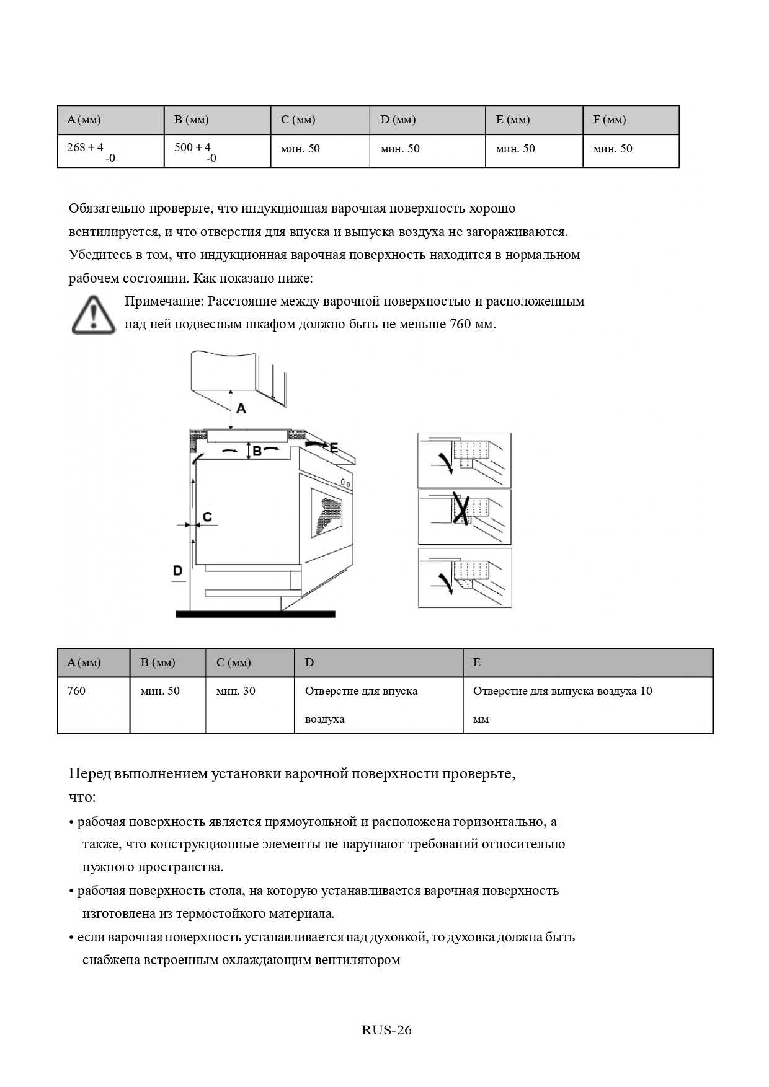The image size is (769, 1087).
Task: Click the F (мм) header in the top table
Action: coord(609,120)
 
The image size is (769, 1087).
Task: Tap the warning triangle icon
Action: coord(93,315)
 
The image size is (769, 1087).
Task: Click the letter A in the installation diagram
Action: coord(241,408)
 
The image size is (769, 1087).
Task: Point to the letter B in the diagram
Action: coord(257,452)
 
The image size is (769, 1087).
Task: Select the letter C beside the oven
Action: coord(207,517)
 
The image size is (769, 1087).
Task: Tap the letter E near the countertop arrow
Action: coord(334,447)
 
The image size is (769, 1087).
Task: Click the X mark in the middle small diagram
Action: coord(460,508)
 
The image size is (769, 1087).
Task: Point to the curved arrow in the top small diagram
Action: coord(445,462)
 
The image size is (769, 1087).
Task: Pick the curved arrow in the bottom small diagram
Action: coord(445,581)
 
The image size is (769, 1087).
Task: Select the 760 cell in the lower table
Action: coord(77,691)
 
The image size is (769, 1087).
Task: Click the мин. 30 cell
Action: coord(236,691)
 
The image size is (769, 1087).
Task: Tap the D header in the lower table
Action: coord(309,662)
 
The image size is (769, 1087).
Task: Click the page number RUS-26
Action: coord(386,1030)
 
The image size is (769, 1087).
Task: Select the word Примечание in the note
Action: coord(163,301)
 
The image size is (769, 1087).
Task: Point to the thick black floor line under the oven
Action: coord(256,614)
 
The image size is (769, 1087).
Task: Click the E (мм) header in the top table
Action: coord(513,120)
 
